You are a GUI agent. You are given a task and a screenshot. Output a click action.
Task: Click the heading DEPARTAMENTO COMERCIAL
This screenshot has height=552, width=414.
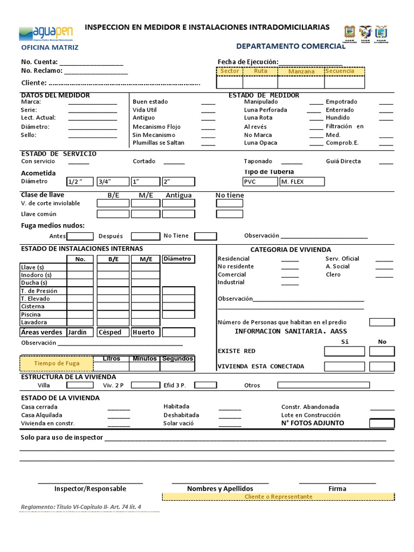point(291,46)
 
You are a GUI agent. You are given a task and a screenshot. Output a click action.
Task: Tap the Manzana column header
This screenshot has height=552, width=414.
point(301,71)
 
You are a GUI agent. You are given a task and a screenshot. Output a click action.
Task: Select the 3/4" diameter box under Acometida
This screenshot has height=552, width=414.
point(113,182)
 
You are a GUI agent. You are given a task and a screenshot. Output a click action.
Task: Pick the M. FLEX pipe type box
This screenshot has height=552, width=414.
point(302,182)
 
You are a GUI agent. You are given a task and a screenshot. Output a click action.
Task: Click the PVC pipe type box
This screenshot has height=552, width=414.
point(260,182)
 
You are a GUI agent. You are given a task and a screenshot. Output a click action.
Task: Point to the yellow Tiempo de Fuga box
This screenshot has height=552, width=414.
point(57,363)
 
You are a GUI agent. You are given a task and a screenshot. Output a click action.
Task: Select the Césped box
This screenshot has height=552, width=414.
point(113,332)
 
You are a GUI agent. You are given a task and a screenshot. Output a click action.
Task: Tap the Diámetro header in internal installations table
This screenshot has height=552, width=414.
point(178,259)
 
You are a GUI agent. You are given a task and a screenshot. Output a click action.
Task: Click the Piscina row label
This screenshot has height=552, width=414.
point(31,314)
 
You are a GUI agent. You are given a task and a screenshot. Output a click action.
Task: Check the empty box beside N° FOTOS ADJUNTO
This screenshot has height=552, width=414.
point(382,423)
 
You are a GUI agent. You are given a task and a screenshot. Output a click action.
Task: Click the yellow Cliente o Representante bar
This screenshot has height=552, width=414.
point(278,496)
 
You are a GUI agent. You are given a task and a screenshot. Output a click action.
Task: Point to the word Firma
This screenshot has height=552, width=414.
point(337,488)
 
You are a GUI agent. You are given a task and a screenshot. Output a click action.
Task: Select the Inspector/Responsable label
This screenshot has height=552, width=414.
point(90,488)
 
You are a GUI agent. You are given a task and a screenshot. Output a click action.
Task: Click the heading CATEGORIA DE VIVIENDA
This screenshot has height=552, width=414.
point(291,250)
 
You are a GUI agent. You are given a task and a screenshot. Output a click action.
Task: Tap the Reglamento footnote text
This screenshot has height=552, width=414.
point(81,507)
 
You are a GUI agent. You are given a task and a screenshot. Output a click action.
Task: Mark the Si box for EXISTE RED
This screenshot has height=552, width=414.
point(344,351)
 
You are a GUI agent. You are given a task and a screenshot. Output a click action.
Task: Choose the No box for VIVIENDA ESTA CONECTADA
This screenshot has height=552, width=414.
point(382,367)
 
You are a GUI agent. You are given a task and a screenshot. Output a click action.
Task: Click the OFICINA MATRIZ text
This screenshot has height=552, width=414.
point(50,47)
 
